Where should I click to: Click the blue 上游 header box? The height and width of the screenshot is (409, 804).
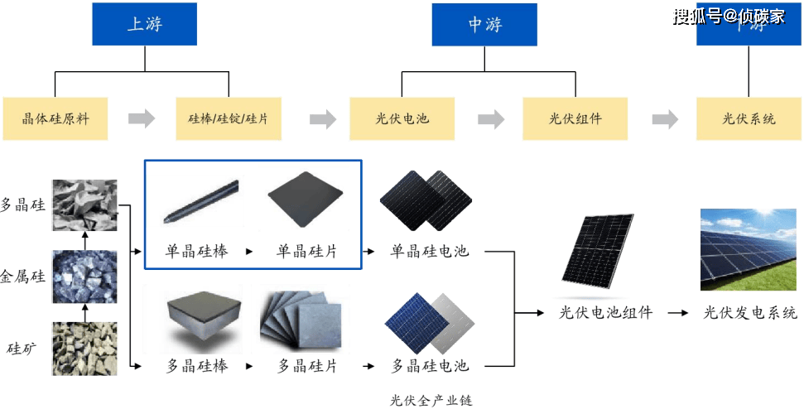[144, 24]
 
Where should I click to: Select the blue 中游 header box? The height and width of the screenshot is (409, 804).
[484, 25]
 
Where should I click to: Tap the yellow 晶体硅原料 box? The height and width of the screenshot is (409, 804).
[55, 118]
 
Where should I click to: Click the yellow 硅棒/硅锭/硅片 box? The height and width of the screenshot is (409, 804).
[229, 118]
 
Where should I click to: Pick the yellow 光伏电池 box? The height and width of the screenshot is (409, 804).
[402, 118]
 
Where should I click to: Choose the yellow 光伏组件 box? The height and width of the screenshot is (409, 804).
[575, 118]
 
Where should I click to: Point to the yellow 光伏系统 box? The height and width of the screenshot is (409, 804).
[749, 118]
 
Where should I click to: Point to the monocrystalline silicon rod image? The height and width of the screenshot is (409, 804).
[200, 203]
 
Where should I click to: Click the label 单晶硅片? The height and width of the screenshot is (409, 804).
[307, 250]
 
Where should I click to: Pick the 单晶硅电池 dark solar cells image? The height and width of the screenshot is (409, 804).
[426, 201]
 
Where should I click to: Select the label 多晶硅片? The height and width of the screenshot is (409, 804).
[307, 365]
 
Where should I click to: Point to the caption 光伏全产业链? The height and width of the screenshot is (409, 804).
[431, 401]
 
